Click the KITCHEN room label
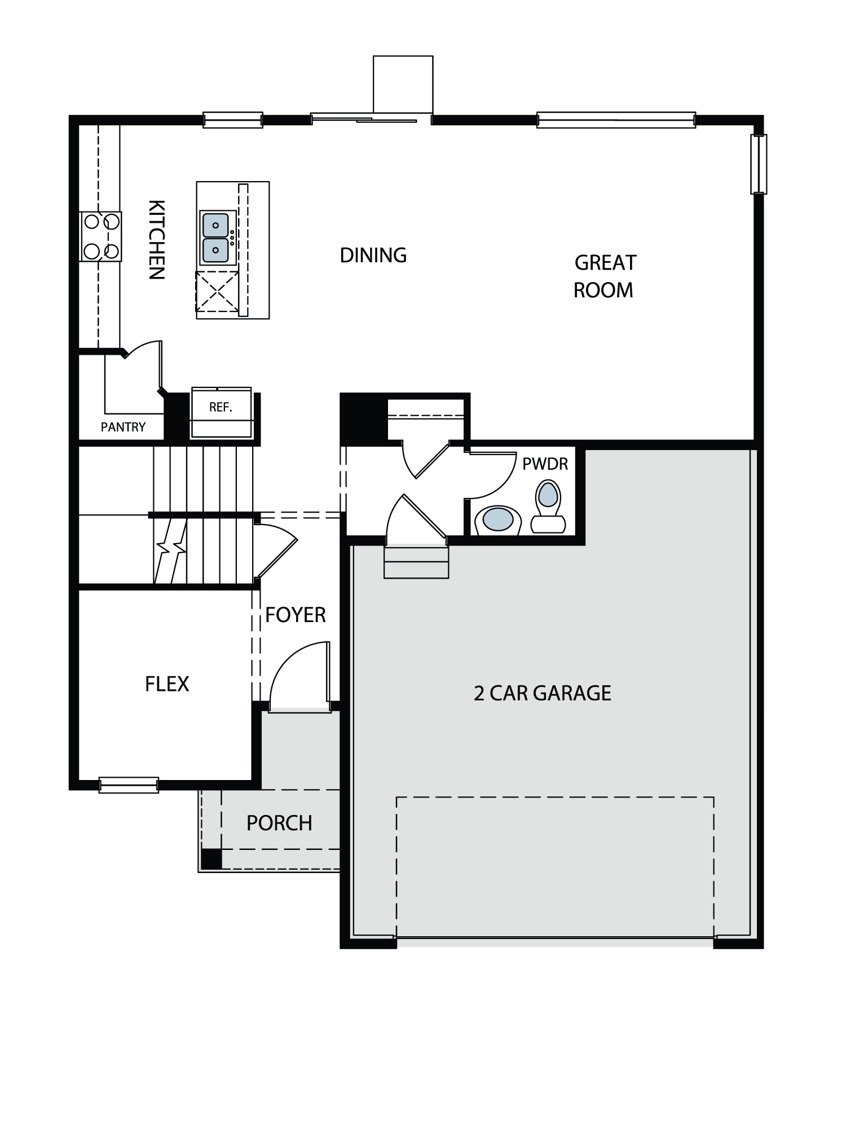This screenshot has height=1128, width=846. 156,240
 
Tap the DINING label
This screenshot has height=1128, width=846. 373,255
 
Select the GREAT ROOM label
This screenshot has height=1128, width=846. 605,276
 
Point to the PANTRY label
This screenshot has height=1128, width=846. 123,427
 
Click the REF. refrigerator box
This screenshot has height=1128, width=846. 221,412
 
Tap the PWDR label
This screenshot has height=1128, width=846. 545,464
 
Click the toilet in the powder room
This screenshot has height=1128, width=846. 548,506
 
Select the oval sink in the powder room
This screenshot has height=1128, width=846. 497,519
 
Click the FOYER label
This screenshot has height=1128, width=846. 296,615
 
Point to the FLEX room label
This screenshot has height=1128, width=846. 167,684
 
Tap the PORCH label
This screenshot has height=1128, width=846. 279,823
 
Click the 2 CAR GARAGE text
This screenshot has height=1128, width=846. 543,693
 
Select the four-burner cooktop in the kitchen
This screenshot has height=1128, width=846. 101,236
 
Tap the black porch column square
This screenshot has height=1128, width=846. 211,858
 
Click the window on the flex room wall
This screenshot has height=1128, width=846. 129,785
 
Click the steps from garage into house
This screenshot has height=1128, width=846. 416,562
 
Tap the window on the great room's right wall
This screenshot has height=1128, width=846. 759,164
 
